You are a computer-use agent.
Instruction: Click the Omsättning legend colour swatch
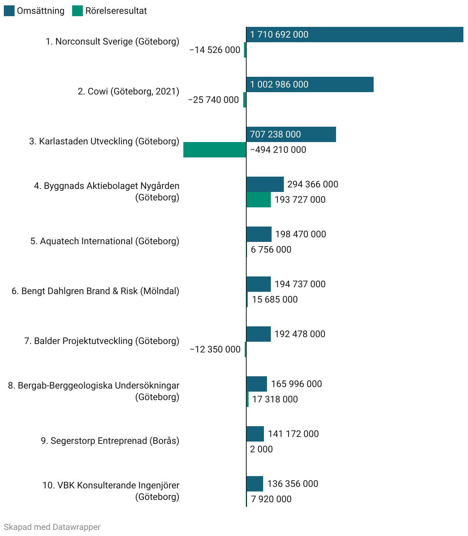9,11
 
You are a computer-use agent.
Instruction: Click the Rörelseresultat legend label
116,11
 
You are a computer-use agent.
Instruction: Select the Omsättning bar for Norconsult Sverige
354,35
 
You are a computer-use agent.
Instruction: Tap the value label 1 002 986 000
279,84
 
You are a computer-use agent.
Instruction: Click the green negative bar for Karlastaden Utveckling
215,150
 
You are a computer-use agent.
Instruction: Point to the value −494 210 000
278,150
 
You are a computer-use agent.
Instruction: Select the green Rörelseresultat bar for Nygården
259,200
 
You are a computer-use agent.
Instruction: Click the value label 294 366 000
313,184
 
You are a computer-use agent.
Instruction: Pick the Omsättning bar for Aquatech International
259,234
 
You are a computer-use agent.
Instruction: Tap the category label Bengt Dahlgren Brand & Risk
96,291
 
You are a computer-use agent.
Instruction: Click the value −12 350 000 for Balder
215,349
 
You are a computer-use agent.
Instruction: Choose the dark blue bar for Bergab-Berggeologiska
257,384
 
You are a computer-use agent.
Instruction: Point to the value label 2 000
261,449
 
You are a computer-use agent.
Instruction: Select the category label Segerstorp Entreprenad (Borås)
110,441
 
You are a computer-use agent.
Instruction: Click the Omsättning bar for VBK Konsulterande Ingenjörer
255,484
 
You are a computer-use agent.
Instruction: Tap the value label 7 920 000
271,499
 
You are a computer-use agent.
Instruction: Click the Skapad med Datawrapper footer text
52,527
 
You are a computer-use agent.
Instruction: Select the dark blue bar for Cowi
310,84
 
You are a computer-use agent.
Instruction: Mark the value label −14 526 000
215,50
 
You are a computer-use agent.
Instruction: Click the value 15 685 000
275,299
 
